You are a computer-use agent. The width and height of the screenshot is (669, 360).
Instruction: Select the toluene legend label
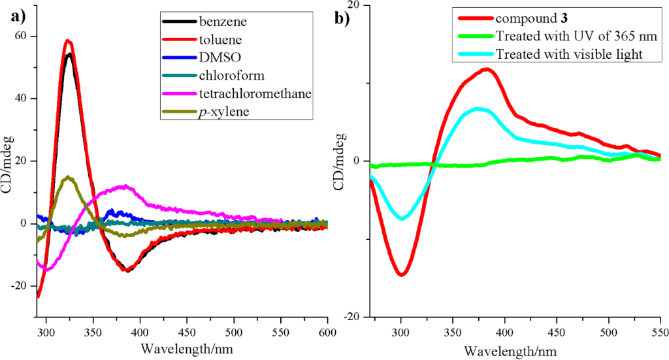coord(217,40)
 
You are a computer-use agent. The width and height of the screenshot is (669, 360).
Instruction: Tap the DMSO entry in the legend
coord(215,58)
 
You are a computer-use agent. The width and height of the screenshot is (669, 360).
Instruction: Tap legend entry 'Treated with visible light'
coord(570,54)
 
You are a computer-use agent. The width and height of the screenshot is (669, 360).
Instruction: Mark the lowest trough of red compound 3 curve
coord(401,274)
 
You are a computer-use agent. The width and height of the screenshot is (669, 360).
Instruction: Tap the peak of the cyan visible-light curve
coord(478,108)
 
